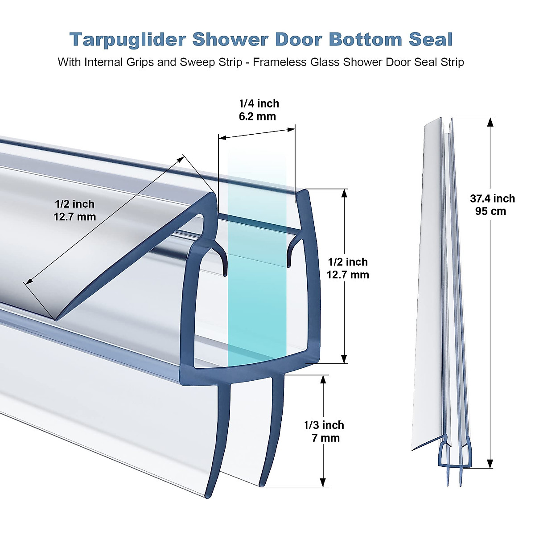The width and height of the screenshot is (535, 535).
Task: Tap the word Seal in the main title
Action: point(431,39)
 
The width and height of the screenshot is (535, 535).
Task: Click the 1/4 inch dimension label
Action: point(259,103)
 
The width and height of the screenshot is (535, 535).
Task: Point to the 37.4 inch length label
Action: point(492,198)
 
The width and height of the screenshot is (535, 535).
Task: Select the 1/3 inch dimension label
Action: point(324,425)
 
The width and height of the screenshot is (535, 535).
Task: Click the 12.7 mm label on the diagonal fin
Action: point(74,217)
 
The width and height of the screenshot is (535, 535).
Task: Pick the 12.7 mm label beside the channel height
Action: point(348,275)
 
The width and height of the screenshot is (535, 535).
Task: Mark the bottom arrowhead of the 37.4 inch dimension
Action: point(490,464)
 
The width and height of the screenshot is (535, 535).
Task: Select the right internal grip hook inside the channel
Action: point(290,259)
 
